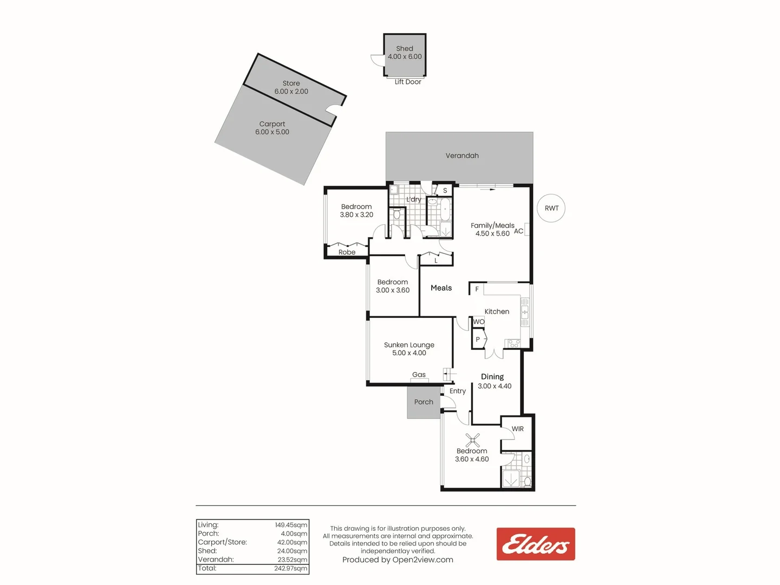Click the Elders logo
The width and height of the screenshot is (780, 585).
pyautogui.click(x=536, y=544)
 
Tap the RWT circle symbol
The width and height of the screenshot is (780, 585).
pyautogui.click(x=551, y=208)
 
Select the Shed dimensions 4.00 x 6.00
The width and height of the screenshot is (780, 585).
pyautogui.click(x=405, y=56)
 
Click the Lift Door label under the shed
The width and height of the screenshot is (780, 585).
pyautogui.click(x=408, y=82)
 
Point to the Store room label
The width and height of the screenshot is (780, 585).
pyautogui.click(x=291, y=83)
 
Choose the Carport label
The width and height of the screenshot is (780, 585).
pyautogui.click(x=272, y=124)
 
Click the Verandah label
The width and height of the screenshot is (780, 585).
pyautogui.click(x=462, y=155)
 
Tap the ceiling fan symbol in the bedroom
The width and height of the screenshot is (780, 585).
pyautogui.click(x=472, y=440)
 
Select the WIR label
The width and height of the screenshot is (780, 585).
pyautogui.click(x=518, y=429)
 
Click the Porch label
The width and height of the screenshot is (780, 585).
pyautogui.click(x=424, y=402)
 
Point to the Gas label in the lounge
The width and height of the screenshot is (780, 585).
pyautogui.click(x=419, y=374)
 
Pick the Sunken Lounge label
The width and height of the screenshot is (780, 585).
pyautogui.click(x=409, y=345)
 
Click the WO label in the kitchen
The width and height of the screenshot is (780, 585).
pyautogui.click(x=479, y=322)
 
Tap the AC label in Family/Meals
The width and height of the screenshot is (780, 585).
pyautogui.click(x=518, y=231)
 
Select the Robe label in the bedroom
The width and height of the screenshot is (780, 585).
pyautogui.click(x=347, y=252)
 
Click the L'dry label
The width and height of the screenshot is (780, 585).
pyautogui.click(x=414, y=199)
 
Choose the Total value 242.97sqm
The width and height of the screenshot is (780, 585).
pyautogui.click(x=291, y=568)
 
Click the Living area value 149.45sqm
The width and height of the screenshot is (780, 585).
pyautogui.click(x=291, y=525)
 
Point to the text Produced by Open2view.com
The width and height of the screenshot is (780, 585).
pyautogui.click(x=398, y=560)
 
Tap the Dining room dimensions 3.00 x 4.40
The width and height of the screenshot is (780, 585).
pyautogui.click(x=495, y=386)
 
